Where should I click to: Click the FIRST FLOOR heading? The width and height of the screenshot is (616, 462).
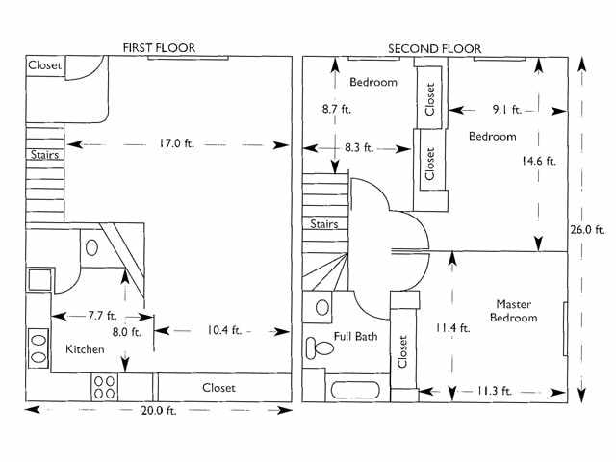tap(158, 48)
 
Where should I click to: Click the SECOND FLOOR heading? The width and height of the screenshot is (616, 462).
tap(434, 48)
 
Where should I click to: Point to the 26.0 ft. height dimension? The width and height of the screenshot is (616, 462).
tap(586, 230)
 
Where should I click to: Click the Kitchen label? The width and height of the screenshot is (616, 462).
tap(85, 349)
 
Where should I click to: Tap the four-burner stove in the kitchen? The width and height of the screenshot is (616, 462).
tap(105, 387)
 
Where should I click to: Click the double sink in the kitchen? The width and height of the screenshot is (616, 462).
tap(38, 346)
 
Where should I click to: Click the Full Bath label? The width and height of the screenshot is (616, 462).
tap(355, 338)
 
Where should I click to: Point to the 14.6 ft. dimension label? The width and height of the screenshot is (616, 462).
tap(538, 162)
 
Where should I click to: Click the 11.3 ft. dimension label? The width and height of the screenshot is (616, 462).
tap(493, 392)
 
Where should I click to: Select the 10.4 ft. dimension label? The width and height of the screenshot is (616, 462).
tap(222, 330)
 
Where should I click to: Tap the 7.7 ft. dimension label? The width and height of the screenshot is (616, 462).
tap(96, 315)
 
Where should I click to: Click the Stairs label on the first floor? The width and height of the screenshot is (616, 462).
tap(42, 153)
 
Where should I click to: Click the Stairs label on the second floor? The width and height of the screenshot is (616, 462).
tap(324, 224)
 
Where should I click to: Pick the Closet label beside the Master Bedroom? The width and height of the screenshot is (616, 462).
tap(402, 352)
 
